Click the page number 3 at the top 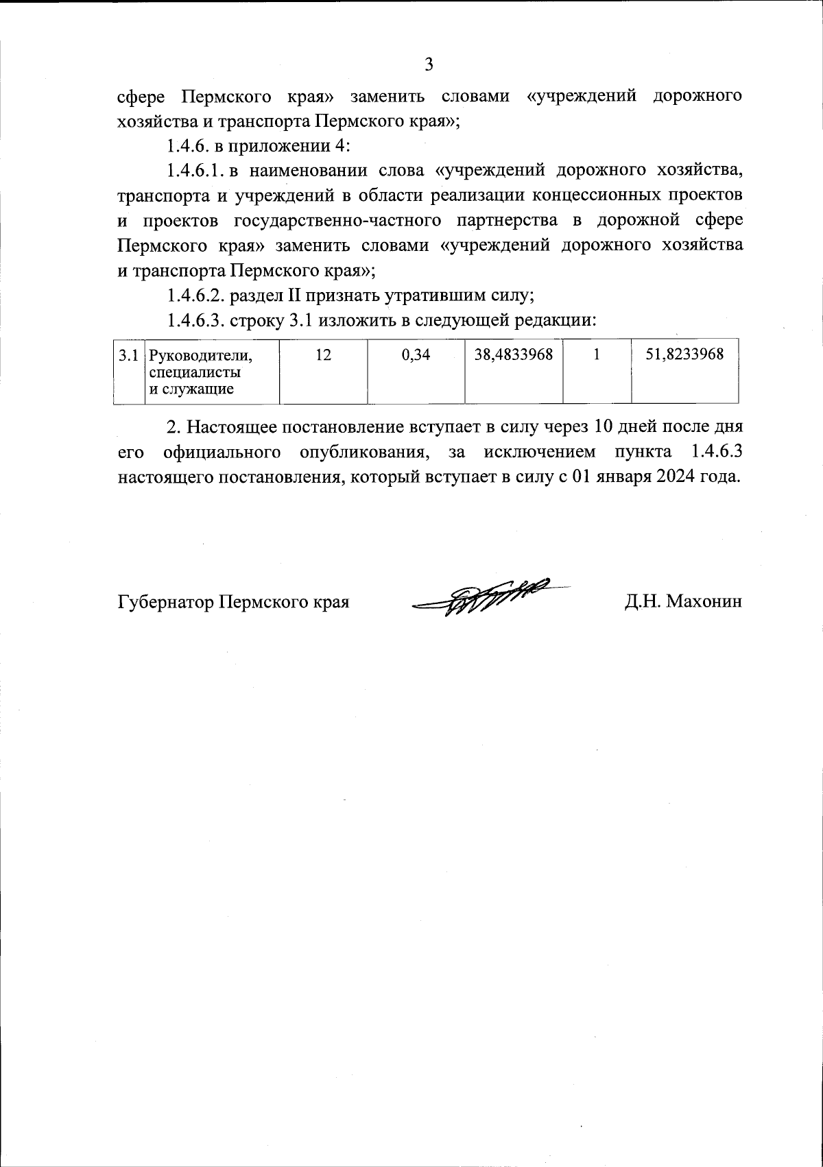(429, 64)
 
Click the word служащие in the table (199, 389)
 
